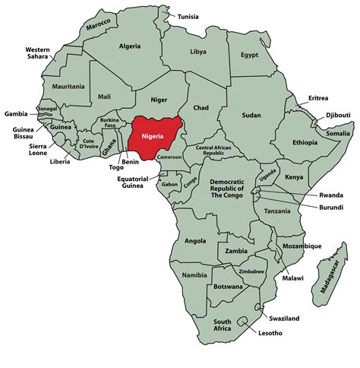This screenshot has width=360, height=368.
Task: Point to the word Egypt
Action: tap(250, 55)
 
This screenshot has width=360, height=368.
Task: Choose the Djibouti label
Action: tap(338, 115)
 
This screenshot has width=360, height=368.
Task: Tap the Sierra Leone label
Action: tap(24, 147)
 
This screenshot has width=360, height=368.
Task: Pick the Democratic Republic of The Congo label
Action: tap(227, 189)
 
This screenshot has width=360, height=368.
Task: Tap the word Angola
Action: tap(195, 240)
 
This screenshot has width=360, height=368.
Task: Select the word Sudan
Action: tap(251, 115)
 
